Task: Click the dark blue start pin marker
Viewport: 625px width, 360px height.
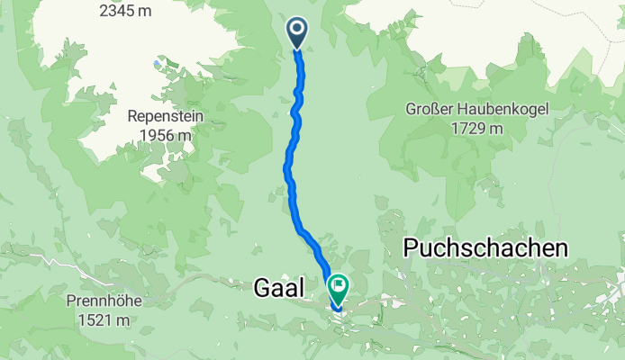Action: coord(297,34)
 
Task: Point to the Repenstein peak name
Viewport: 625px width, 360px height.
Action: coord(165,117)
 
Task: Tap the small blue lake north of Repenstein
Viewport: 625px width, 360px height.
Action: coord(159,64)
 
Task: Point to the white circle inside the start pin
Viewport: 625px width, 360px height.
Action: coord(297,31)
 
